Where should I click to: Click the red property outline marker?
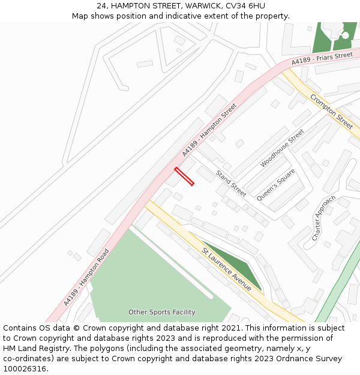point(184,176)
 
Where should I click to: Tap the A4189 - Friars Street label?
point(322,59)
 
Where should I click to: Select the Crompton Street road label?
point(331,111)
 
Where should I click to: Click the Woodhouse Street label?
point(282,148)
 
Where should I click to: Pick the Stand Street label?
point(231,184)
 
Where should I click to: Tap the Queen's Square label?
point(275,185)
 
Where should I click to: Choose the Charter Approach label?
point(323,218)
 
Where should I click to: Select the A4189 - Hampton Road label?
point(86,277)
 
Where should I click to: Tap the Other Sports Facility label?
point(161,312)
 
